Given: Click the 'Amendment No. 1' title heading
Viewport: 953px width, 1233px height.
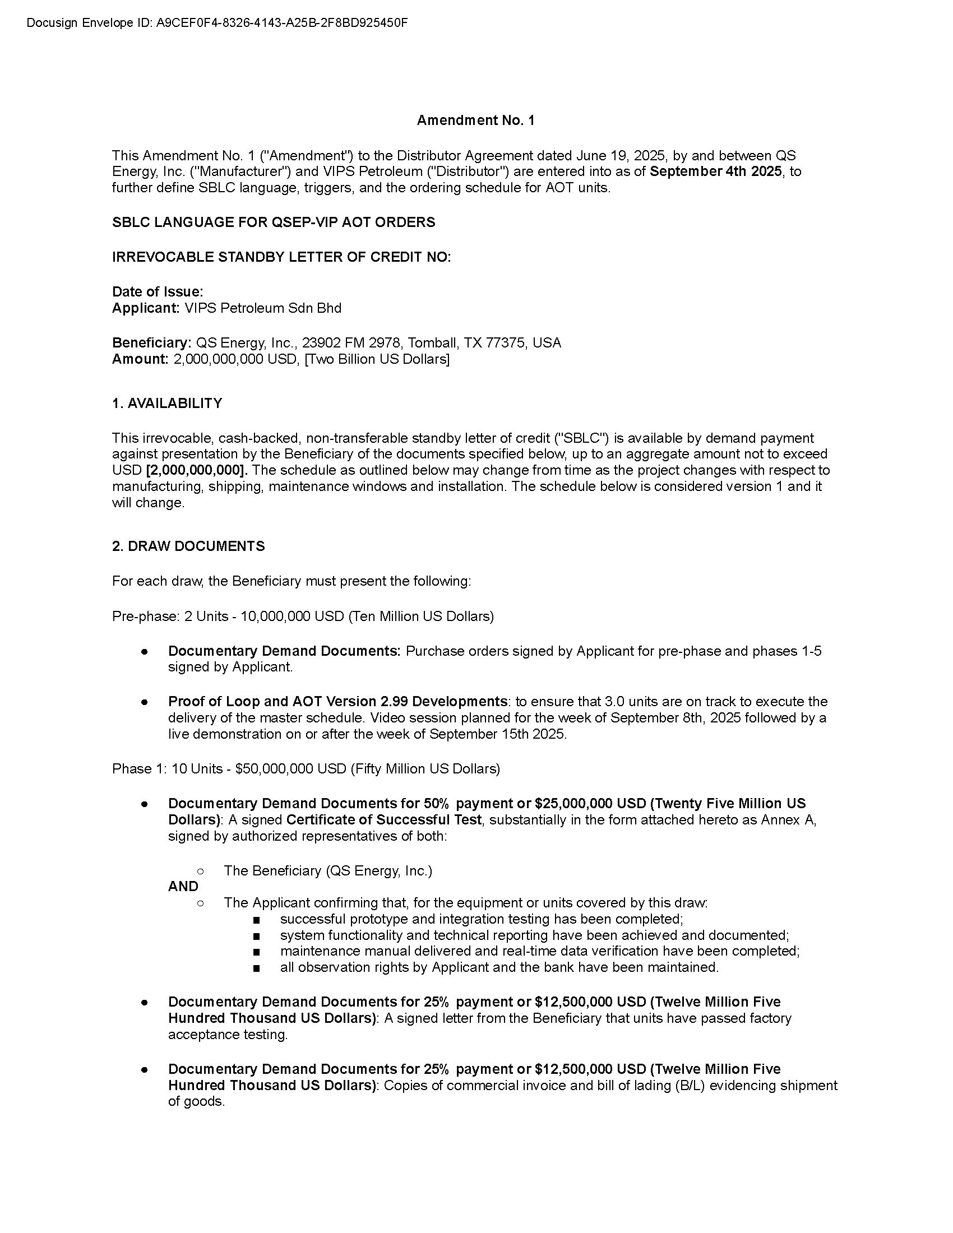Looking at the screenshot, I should (475, 120).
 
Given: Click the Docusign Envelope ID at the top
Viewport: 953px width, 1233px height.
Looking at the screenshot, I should (217, 23).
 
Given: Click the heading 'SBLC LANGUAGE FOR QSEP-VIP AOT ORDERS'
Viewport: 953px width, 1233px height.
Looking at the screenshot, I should (274, 223).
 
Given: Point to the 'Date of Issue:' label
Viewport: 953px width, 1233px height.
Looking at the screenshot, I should (158, 292).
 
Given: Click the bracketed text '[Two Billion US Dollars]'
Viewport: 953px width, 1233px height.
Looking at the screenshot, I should (377, 360).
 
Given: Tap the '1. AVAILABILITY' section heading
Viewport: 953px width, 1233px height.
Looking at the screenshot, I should (167, 404).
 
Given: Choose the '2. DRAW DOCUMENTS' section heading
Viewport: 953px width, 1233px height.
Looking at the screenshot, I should (188, 546).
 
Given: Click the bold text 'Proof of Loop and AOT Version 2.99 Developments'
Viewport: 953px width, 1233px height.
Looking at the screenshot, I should (337, 702).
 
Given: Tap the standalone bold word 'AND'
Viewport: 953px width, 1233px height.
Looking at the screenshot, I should (183, 887).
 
